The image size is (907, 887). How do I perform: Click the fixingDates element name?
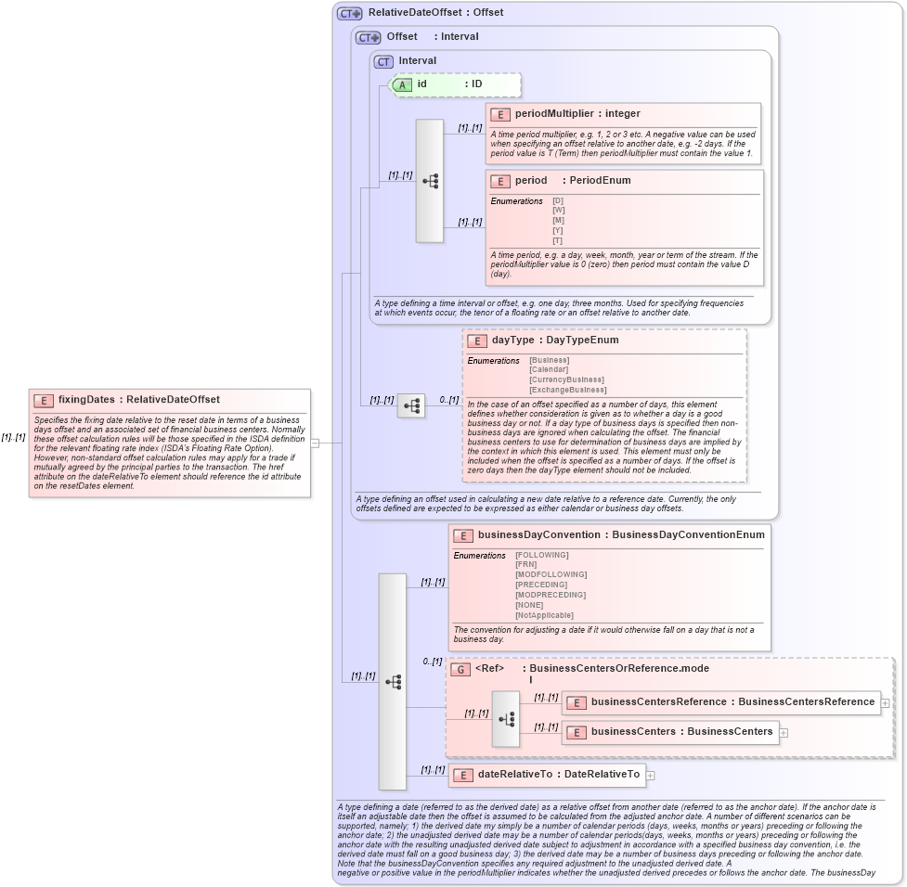click(87, 400)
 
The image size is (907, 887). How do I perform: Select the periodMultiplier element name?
click(554, 113)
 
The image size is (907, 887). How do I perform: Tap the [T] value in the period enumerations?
click(557, 240)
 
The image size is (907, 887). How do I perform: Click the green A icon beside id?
click(402, 84)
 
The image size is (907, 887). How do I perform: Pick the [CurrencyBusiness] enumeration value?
click(566, 379)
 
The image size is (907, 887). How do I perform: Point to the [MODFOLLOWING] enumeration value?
click(551, 574)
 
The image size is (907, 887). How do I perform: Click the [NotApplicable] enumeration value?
click(544, 615)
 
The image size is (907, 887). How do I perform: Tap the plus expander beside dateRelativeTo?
click(650, 775)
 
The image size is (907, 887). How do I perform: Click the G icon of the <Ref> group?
click(460, 669)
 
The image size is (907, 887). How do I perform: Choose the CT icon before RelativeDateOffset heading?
click(350, 13)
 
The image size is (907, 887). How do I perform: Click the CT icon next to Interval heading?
click(383, 61)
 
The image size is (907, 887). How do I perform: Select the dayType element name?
click(512, 341)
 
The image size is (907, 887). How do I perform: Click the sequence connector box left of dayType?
click(411, 406)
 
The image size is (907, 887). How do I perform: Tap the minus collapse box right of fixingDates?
click(316, 443)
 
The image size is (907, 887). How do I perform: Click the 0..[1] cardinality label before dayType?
click(448, 400)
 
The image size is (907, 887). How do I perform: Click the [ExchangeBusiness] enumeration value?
click(567, 390)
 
